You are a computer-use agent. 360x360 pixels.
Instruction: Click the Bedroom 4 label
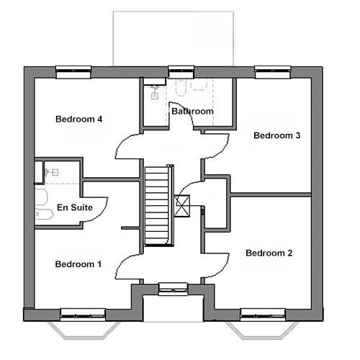click(x=78, y=119)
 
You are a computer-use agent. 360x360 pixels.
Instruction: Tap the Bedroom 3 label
click(x=277, y=135)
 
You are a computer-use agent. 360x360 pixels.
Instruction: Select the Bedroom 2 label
click(x=269, y=253)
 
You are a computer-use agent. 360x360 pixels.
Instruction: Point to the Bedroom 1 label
click(x=78, y=264)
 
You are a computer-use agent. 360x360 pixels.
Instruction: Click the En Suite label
click(x=75, y=207)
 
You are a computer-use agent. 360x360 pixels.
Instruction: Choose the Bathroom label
click(x=193, y=111)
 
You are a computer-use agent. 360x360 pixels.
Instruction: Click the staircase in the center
click(x=159, y=205)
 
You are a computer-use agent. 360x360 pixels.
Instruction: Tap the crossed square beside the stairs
click(x=182, y=206)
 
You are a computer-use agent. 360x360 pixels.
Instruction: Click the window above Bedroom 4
click(x=73, y=72)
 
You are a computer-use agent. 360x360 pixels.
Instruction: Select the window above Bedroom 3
click(x=273, y=72)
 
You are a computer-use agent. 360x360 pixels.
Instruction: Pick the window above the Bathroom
click(x=181, y=71)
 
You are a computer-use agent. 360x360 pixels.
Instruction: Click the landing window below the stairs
click(x=174, y=289)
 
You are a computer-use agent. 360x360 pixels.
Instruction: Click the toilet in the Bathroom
click(x=181, y=87)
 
